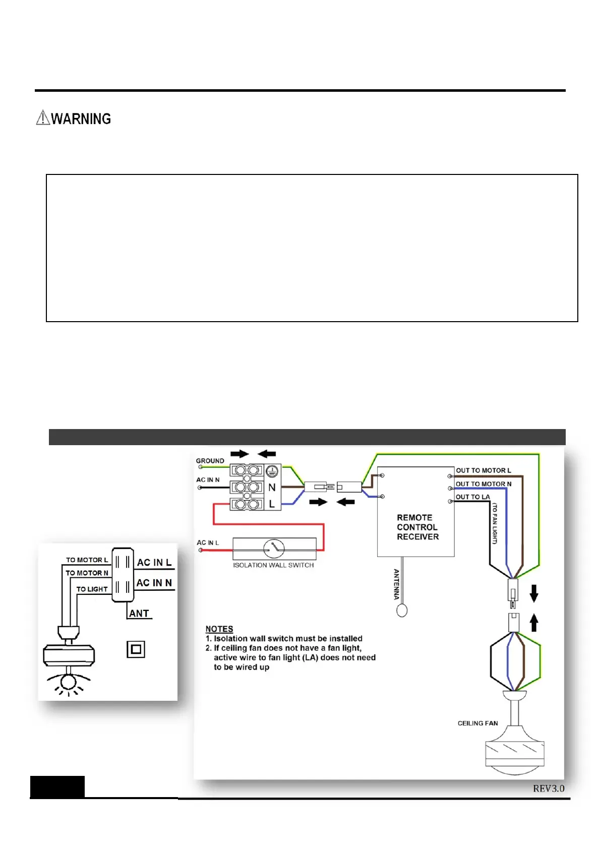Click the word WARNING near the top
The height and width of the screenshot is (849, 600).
click(81, 119)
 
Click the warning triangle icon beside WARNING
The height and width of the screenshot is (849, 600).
click(43, 118)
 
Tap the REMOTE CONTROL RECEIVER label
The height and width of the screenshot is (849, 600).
click(417, 527)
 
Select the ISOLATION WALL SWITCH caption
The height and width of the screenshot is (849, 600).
click(273, 565)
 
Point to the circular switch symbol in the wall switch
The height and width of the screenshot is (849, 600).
click(274, 548)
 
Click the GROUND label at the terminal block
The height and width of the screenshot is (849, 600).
click(210, 461)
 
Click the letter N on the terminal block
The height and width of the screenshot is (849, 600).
click(272, 488)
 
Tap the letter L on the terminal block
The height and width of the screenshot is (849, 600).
click(272, 504)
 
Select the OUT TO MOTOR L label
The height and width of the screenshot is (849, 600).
click(483, 470)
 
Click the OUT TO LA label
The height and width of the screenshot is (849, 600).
click(472, 497)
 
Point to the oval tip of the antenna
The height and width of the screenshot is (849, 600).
click(402, 611)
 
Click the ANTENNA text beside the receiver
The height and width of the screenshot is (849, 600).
click(396, 584)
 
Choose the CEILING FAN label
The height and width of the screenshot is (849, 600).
click(477, 723)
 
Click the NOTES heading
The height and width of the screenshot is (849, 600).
click(219, 629)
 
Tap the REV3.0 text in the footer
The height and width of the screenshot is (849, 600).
click(549, 789)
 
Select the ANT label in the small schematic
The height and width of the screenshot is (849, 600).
click(139, 614)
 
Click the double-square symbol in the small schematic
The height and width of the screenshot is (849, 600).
click(136, 649)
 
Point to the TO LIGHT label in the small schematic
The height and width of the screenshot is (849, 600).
click(92, 589)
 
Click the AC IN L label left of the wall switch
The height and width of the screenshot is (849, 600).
click(208, 543)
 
